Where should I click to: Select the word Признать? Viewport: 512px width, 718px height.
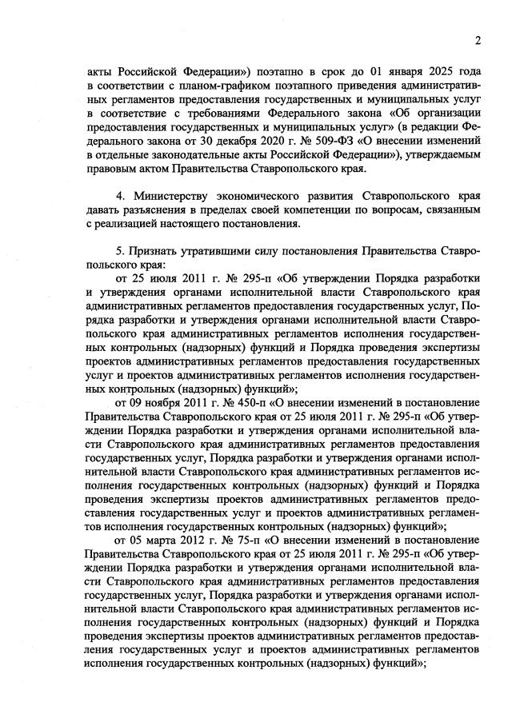click(157, 252)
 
